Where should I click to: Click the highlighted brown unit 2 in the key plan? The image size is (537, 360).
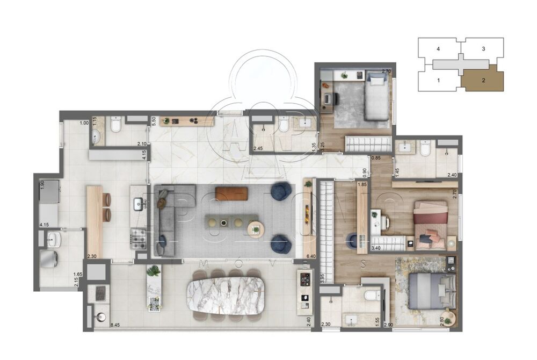tap(483, 81)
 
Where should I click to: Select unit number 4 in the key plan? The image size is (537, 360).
tap(439, 49)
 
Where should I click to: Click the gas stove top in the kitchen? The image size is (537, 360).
tap(139, 238)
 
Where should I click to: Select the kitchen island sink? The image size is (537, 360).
tap(138, 203)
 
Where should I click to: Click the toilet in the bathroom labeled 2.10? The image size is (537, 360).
tap(114, 126)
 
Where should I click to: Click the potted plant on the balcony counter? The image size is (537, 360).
tap(154, 271)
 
